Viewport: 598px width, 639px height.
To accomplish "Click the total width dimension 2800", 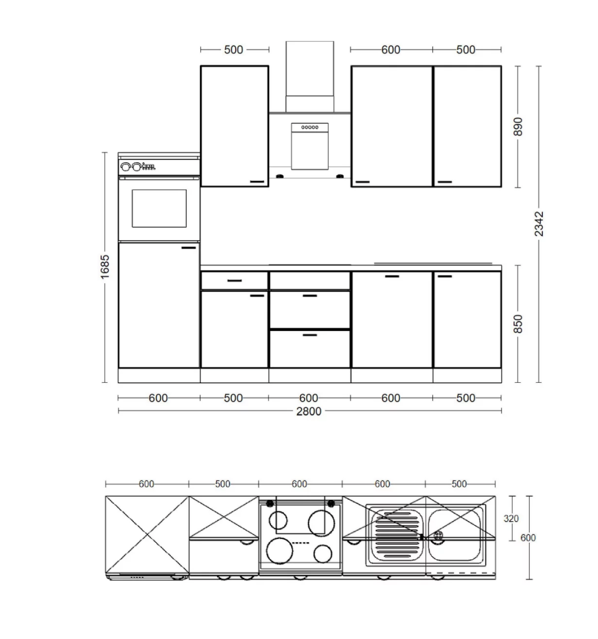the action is coord(308,411).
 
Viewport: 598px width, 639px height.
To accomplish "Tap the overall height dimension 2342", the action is coord(539,224).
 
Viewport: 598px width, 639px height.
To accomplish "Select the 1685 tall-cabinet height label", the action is coord(105,267).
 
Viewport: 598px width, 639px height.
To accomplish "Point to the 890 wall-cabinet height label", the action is coord(518,126).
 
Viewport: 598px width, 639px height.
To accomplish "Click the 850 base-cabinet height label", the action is coord(518,324).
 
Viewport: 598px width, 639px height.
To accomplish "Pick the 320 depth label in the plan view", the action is coord(510,519).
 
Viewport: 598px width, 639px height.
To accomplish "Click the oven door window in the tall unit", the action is coord(159,208).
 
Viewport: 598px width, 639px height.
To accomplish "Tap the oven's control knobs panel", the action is coord(138,166).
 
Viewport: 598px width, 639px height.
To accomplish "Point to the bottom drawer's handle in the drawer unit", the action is coord(310,335).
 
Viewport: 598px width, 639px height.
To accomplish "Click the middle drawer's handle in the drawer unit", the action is coord(310,295).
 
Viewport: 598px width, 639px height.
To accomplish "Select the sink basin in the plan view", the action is coord(454,535).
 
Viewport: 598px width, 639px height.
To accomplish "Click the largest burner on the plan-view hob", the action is coord(280,550).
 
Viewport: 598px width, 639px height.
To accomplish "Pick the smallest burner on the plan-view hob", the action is coord(323,553).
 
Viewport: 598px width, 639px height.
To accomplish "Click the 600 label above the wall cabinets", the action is coord(390,49).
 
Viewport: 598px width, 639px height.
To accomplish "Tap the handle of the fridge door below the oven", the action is coord(188,247).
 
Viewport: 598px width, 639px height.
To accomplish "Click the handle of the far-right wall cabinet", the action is coord(445,182).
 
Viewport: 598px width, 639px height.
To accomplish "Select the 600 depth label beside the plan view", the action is coord(528,538).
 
